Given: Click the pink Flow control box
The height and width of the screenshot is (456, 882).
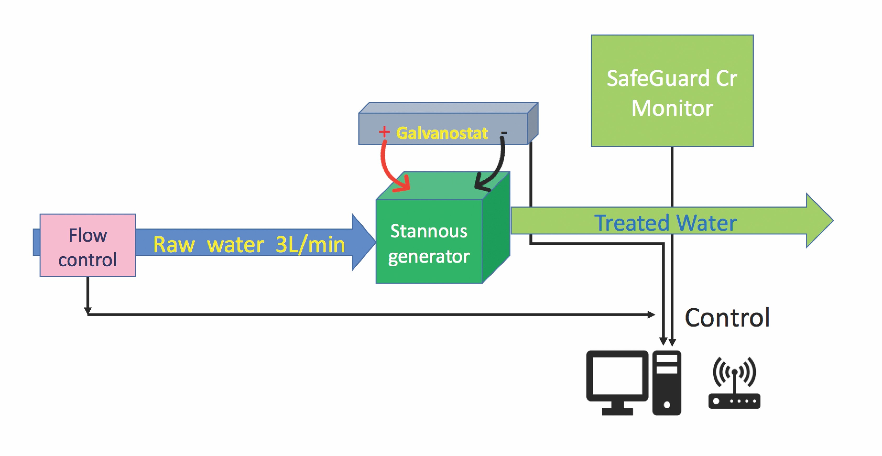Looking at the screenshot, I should (x=88, y=246).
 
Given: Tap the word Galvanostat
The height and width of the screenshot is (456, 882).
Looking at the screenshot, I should (x=442, y=133).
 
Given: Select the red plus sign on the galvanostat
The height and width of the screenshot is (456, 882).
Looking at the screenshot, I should (x=384, y=132).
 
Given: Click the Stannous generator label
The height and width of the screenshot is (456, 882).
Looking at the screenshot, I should (x=429, y=244).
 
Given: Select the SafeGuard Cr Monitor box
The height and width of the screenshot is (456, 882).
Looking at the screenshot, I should (x=672, y=91).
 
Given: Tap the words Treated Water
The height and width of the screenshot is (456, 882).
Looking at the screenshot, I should (x=665, y=223).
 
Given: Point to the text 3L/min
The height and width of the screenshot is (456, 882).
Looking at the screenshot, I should (x=310, y=245).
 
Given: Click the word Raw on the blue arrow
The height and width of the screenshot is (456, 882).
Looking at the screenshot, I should (x=174, y=245).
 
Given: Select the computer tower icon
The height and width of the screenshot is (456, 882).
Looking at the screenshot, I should (x=667, y=382).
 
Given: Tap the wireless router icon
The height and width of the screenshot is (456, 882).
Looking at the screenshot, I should (x=734, y=383).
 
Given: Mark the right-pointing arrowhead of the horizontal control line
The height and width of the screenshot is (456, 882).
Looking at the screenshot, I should (x=651, y=314).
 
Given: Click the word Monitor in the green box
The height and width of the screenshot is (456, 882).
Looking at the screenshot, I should (x=672, y=108).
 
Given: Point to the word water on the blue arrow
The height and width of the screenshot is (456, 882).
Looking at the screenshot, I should (x=236, y=245).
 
